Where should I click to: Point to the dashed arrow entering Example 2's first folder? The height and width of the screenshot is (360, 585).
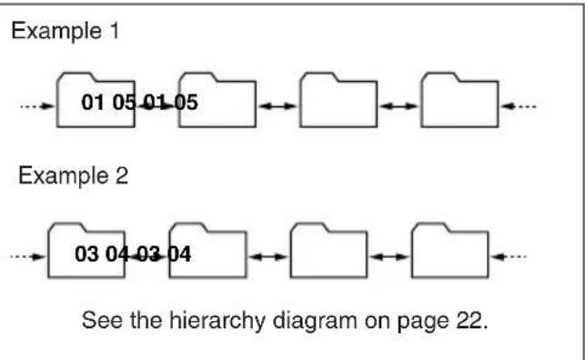(x=28, y=255)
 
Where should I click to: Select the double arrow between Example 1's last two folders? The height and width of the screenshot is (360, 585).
(x=398, y=106)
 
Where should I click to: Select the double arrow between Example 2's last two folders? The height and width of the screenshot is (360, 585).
(x=389, y=256)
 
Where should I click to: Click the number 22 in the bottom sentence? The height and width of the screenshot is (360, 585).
(x=475, y=320)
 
